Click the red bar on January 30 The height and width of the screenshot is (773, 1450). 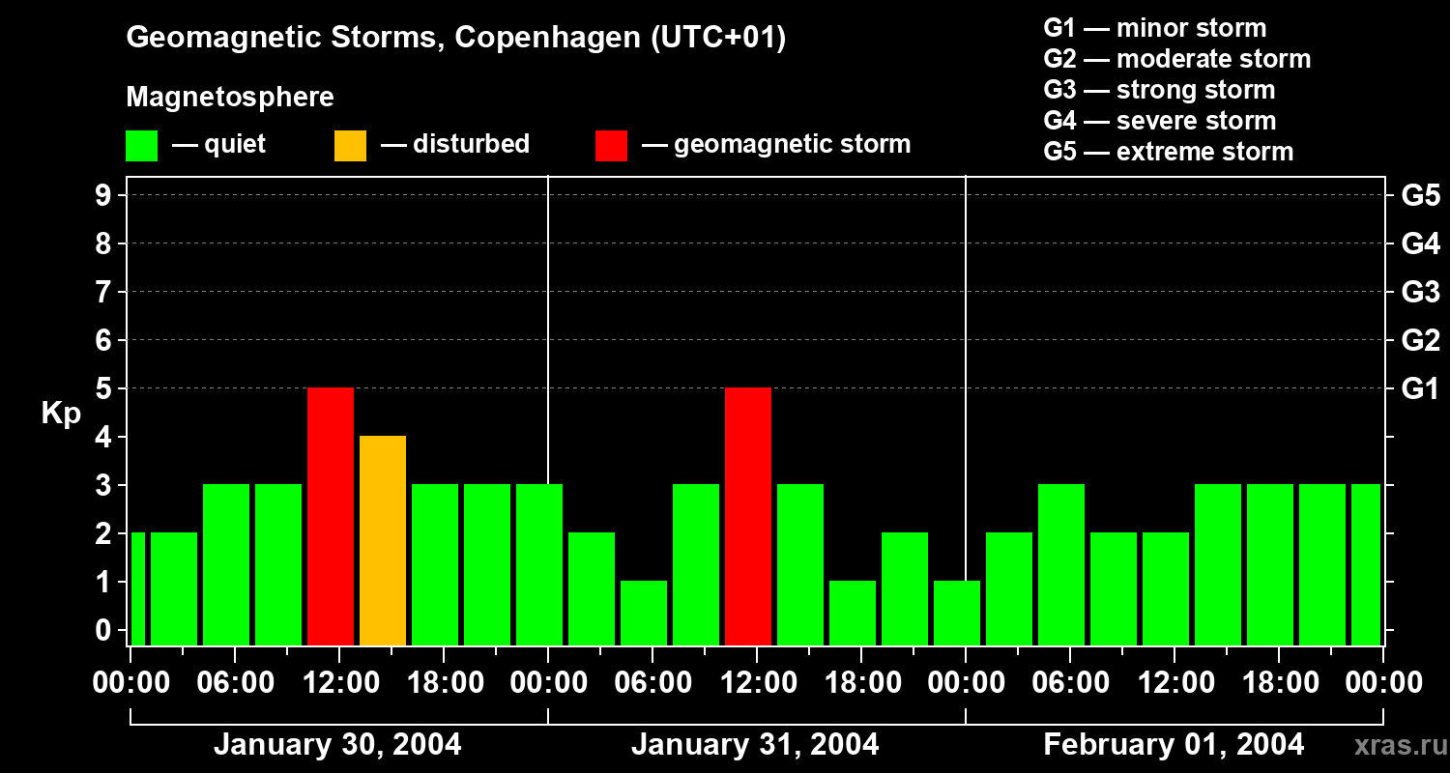[331, 516]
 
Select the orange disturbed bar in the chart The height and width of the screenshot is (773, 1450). [383, 540]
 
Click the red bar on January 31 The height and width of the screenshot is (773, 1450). [748, 516]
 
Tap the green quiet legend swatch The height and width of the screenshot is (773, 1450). [142, 146]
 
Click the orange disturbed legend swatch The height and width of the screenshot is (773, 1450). [350, 146]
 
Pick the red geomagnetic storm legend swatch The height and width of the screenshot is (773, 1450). [611, 146]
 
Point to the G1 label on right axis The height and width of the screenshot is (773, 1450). [1420, 389]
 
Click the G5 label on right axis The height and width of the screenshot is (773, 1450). [1420, 196]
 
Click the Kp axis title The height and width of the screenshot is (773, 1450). [61, 414]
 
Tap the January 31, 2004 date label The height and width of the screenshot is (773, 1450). [755, 745]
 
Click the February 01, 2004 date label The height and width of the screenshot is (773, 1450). [1174, 745]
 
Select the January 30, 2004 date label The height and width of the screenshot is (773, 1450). [337, 745]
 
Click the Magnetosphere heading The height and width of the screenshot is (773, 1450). [230, 98]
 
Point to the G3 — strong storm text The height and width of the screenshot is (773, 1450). [1159, 90]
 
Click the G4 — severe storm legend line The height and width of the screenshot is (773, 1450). [1159, 121]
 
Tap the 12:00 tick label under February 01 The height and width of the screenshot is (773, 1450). [1174, 683]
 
